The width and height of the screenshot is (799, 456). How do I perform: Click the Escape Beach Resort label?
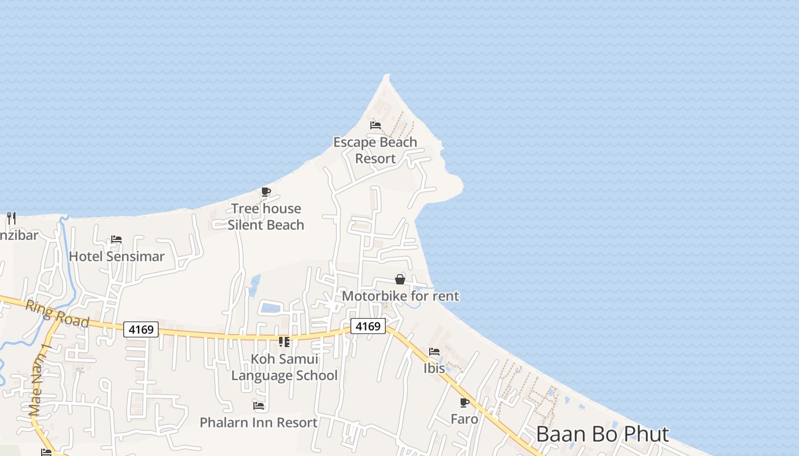[x=375, y=150]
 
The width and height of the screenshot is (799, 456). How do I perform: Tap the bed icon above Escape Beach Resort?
[x=375, y=125]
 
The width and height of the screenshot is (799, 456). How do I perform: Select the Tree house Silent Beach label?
[x=266, y=217]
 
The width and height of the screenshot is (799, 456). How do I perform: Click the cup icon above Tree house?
[x=265, y=192]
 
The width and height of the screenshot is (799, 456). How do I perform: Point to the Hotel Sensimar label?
[x=116, y=256]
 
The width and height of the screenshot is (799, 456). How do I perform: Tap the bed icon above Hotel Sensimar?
[x=116, y=239]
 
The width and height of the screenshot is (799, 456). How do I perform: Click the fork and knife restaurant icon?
[x=11, y=218]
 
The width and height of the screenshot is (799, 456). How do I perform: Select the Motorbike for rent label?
[x=400, y=296]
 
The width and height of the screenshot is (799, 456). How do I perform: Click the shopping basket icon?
[x=400, y=279]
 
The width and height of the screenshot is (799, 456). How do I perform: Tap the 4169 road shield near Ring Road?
[x=141, y=329]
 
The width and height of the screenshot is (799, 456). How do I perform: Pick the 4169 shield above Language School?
[x=368, y=326]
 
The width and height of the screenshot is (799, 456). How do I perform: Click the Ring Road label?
[x=57, y=314]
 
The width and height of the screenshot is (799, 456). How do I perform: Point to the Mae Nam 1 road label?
[x=40, y=380]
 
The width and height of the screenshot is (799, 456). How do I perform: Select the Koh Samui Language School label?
[x=284, y=368]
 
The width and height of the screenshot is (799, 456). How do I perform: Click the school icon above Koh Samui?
[x=284, y=342]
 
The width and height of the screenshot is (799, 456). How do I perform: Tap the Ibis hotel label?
[x=434, y=368]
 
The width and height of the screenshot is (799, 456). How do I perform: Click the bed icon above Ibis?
[x=434, y=352]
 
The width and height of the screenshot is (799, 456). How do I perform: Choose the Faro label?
[x=464, y=420]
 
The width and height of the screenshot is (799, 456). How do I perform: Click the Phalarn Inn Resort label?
[x=259, y=423]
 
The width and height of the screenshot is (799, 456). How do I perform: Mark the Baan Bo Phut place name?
[x=602, y=434]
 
